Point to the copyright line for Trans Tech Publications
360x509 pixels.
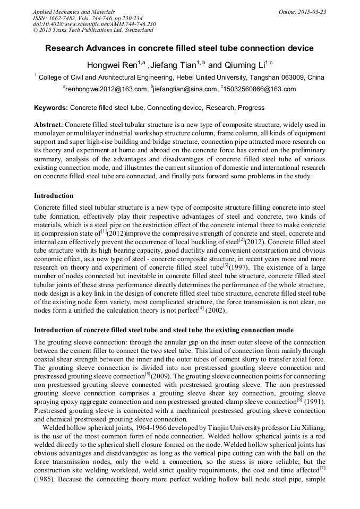pos(93,30)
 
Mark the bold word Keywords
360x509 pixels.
pos(50,108)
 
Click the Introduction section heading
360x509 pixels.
pos(54,196)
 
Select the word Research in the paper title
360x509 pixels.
pos(65,48)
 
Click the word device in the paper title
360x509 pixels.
pos(300,48)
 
